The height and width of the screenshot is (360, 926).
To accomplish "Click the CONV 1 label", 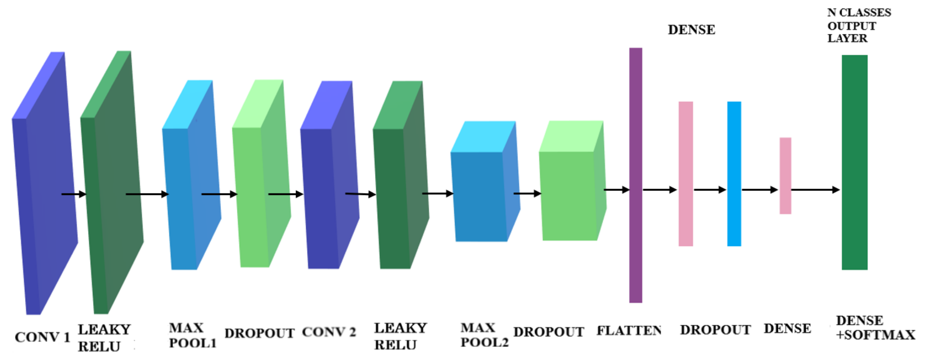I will tap(42, 337).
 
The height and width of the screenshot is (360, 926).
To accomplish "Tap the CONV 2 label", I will tap(329, 332).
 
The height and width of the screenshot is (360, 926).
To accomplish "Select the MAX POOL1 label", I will tap(192, 336).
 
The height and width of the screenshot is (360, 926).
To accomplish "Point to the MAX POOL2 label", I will tap(484, 335).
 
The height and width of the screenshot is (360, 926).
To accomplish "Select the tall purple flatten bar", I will tap(636, 175).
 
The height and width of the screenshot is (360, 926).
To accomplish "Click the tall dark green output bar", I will tap(854, 162).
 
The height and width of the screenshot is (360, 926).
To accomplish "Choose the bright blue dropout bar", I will tap(734, 174).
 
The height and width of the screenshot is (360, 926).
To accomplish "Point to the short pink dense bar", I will tap(785, 176).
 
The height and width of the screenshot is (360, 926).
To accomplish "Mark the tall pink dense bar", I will tap(686, 174).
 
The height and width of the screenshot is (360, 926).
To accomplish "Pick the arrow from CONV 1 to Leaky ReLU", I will tap(74, 194).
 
